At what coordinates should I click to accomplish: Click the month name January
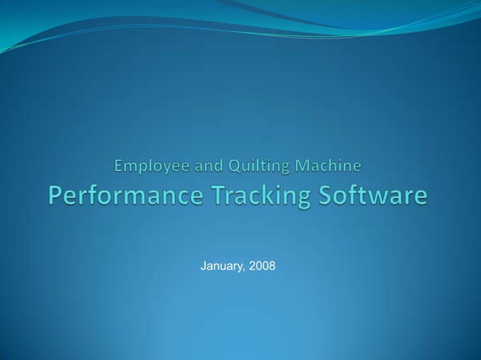click(x=223, y=267)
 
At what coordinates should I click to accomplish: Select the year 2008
click(x=262, y=266)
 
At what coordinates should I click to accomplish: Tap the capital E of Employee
click(x=119, y=163)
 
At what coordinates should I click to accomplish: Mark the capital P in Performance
click(x=57, y=197)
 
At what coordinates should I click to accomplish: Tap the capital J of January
click(x=204, y=266)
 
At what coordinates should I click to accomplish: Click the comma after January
click(x=246, y=270)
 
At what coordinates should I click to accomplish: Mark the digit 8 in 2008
click(x=272, y=266)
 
